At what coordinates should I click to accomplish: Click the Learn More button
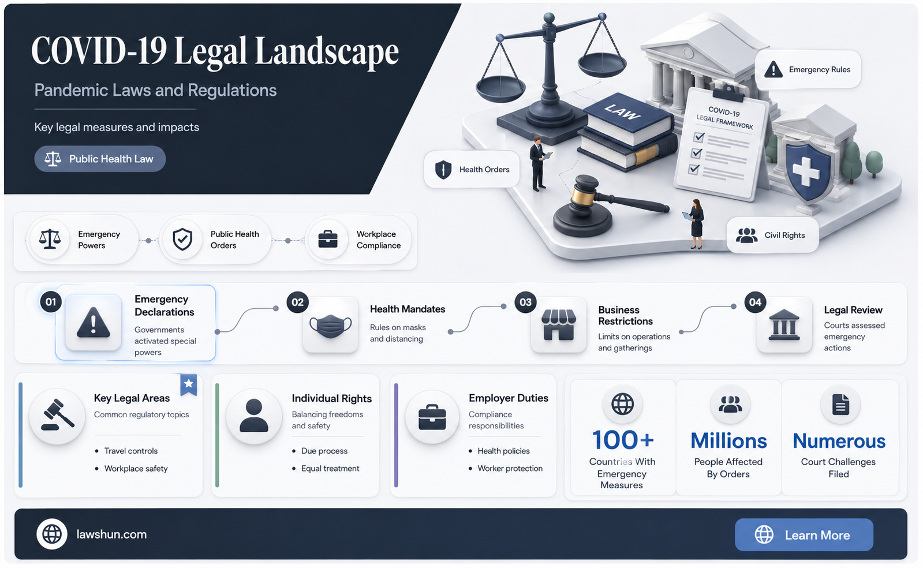(804, 535)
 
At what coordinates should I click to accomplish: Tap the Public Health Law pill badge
(100, 159)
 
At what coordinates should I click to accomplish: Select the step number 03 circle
(525, 302)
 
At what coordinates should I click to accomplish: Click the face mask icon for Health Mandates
(330, 326)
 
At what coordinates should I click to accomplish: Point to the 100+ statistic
(623, 440)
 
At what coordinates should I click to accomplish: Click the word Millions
(728, 441)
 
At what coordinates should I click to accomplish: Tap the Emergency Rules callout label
(808, 69)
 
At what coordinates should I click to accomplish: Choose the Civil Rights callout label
(772, 235)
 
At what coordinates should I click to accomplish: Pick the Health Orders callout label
(472, 169)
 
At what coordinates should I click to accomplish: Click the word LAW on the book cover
(622, 112)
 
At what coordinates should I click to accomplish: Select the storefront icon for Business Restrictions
(559, 325)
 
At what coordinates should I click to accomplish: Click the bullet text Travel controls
(131, 451)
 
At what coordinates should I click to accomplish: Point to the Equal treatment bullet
(330, 468)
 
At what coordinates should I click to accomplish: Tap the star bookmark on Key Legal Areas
(189, 384)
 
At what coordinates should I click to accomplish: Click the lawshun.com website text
(111, 534)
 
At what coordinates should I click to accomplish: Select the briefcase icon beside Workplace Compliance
(328, 240)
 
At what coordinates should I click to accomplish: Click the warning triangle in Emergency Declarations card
(94, 323)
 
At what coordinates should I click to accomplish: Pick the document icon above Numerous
(840, 404)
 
